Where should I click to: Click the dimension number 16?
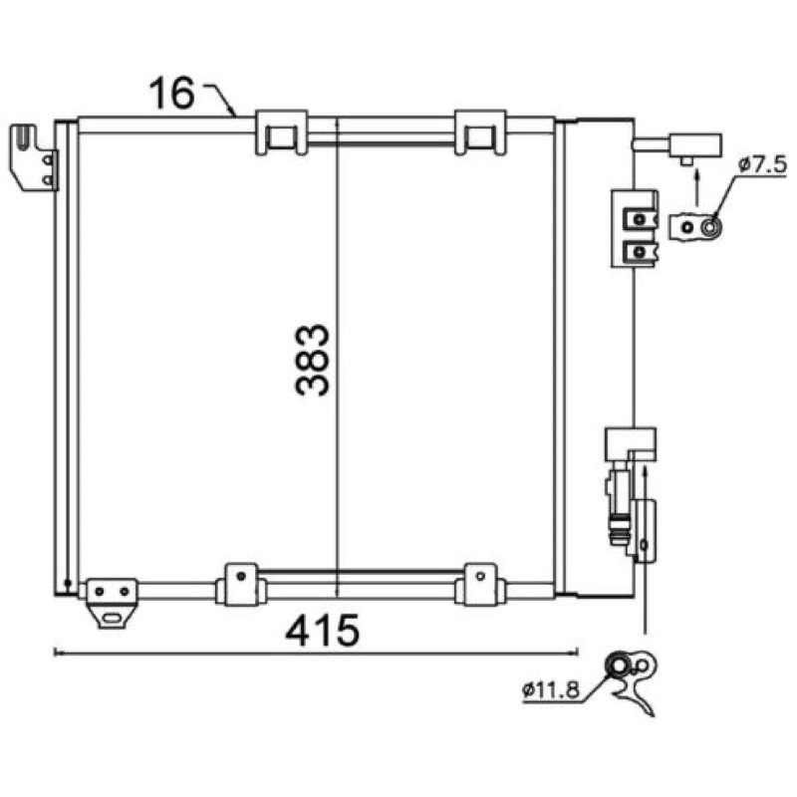click(x=171, y=93)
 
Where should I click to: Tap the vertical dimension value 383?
click(x=312, y=361)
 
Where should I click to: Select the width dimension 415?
click(x=322, y=631)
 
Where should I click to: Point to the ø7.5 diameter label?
click(x=762, y=164)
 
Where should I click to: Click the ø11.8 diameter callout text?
click(x=551, y=689)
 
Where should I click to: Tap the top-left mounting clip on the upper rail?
click(x=281, y=133)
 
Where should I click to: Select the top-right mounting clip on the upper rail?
click(x=480, y=133)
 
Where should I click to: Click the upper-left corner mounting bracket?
click(x=34, y=157)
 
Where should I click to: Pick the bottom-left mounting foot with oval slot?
click(x=112, y=603)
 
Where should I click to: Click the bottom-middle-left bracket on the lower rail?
click(x=241, y=585)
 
